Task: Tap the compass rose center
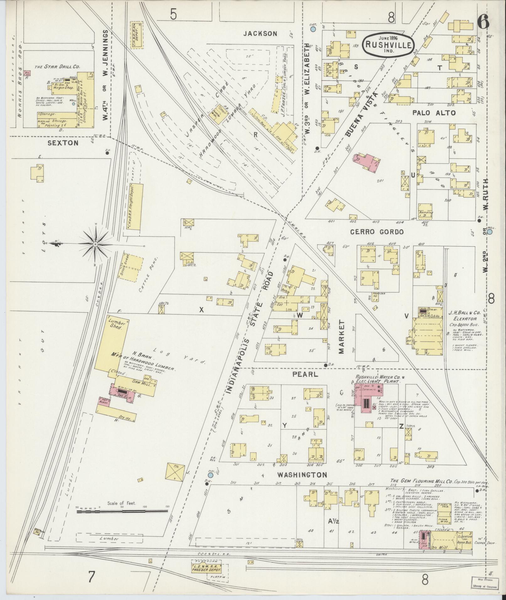[x=95, y=243]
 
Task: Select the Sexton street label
[x=63, y=143]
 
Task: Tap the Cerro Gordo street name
[x=376, y=232]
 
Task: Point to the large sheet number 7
[x=91, y=576]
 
